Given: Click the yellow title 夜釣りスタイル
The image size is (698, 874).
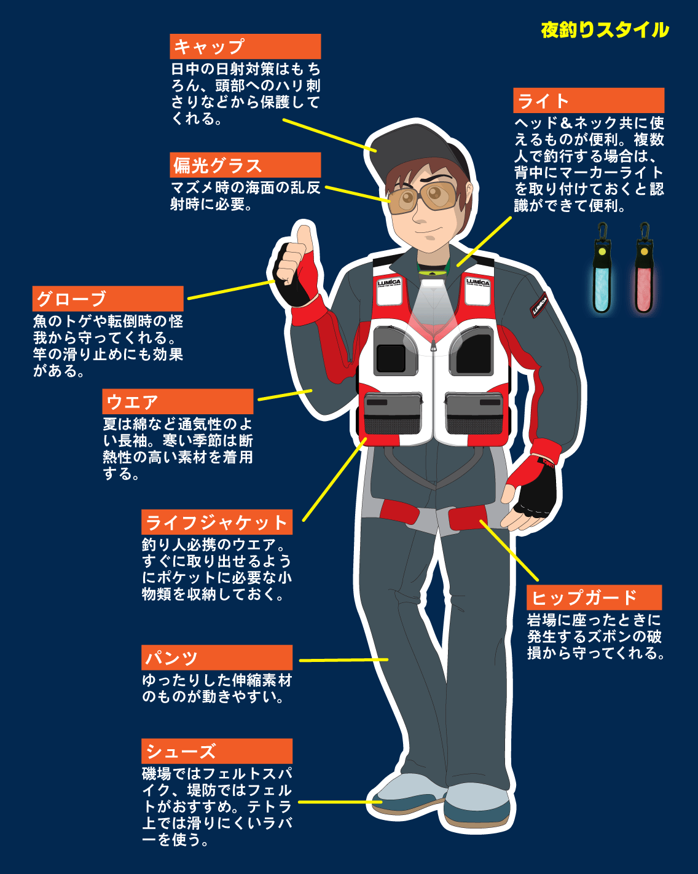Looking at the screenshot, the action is pyautogui.click(x=605, y=30).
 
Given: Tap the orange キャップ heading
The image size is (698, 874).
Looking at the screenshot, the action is pyautogui.click(x=245, y=46).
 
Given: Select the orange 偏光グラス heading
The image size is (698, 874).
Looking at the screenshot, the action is pyautogui.click(x=245, y=165).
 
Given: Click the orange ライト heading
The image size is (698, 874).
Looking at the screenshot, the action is pyautogui.click(x=589, y=100).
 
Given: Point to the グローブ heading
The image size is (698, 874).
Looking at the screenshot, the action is pyautogui.click(x=108, y=299).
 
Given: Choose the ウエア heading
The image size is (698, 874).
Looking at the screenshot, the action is pyautogui.click(x=178, y=401).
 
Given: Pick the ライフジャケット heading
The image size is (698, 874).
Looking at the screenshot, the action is pyautogui.click(x=217, y=522).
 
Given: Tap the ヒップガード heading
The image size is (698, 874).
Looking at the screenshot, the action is pyautogui.click(x=594, y=597).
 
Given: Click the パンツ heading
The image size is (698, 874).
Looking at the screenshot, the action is pyautogui.click(x=217, y=658).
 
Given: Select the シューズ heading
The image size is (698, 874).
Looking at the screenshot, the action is pyautogui.click(x=217, y=751).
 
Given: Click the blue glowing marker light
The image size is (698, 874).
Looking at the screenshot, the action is pyautogui.click(x=602, y=269).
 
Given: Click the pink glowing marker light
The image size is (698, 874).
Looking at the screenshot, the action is pyautogui.click(x=644, y=269).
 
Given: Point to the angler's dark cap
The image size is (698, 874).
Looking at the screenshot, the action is pyautogui.click(x=418, y=148).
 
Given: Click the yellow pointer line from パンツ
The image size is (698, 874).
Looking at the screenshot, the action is pyautogui.click(x=343, y=660).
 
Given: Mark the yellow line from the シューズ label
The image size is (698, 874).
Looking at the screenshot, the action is pyautogui.click(x=340, y=802).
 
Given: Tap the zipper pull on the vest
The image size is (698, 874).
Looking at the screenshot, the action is pyautogui.click(x=434, y=345).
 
